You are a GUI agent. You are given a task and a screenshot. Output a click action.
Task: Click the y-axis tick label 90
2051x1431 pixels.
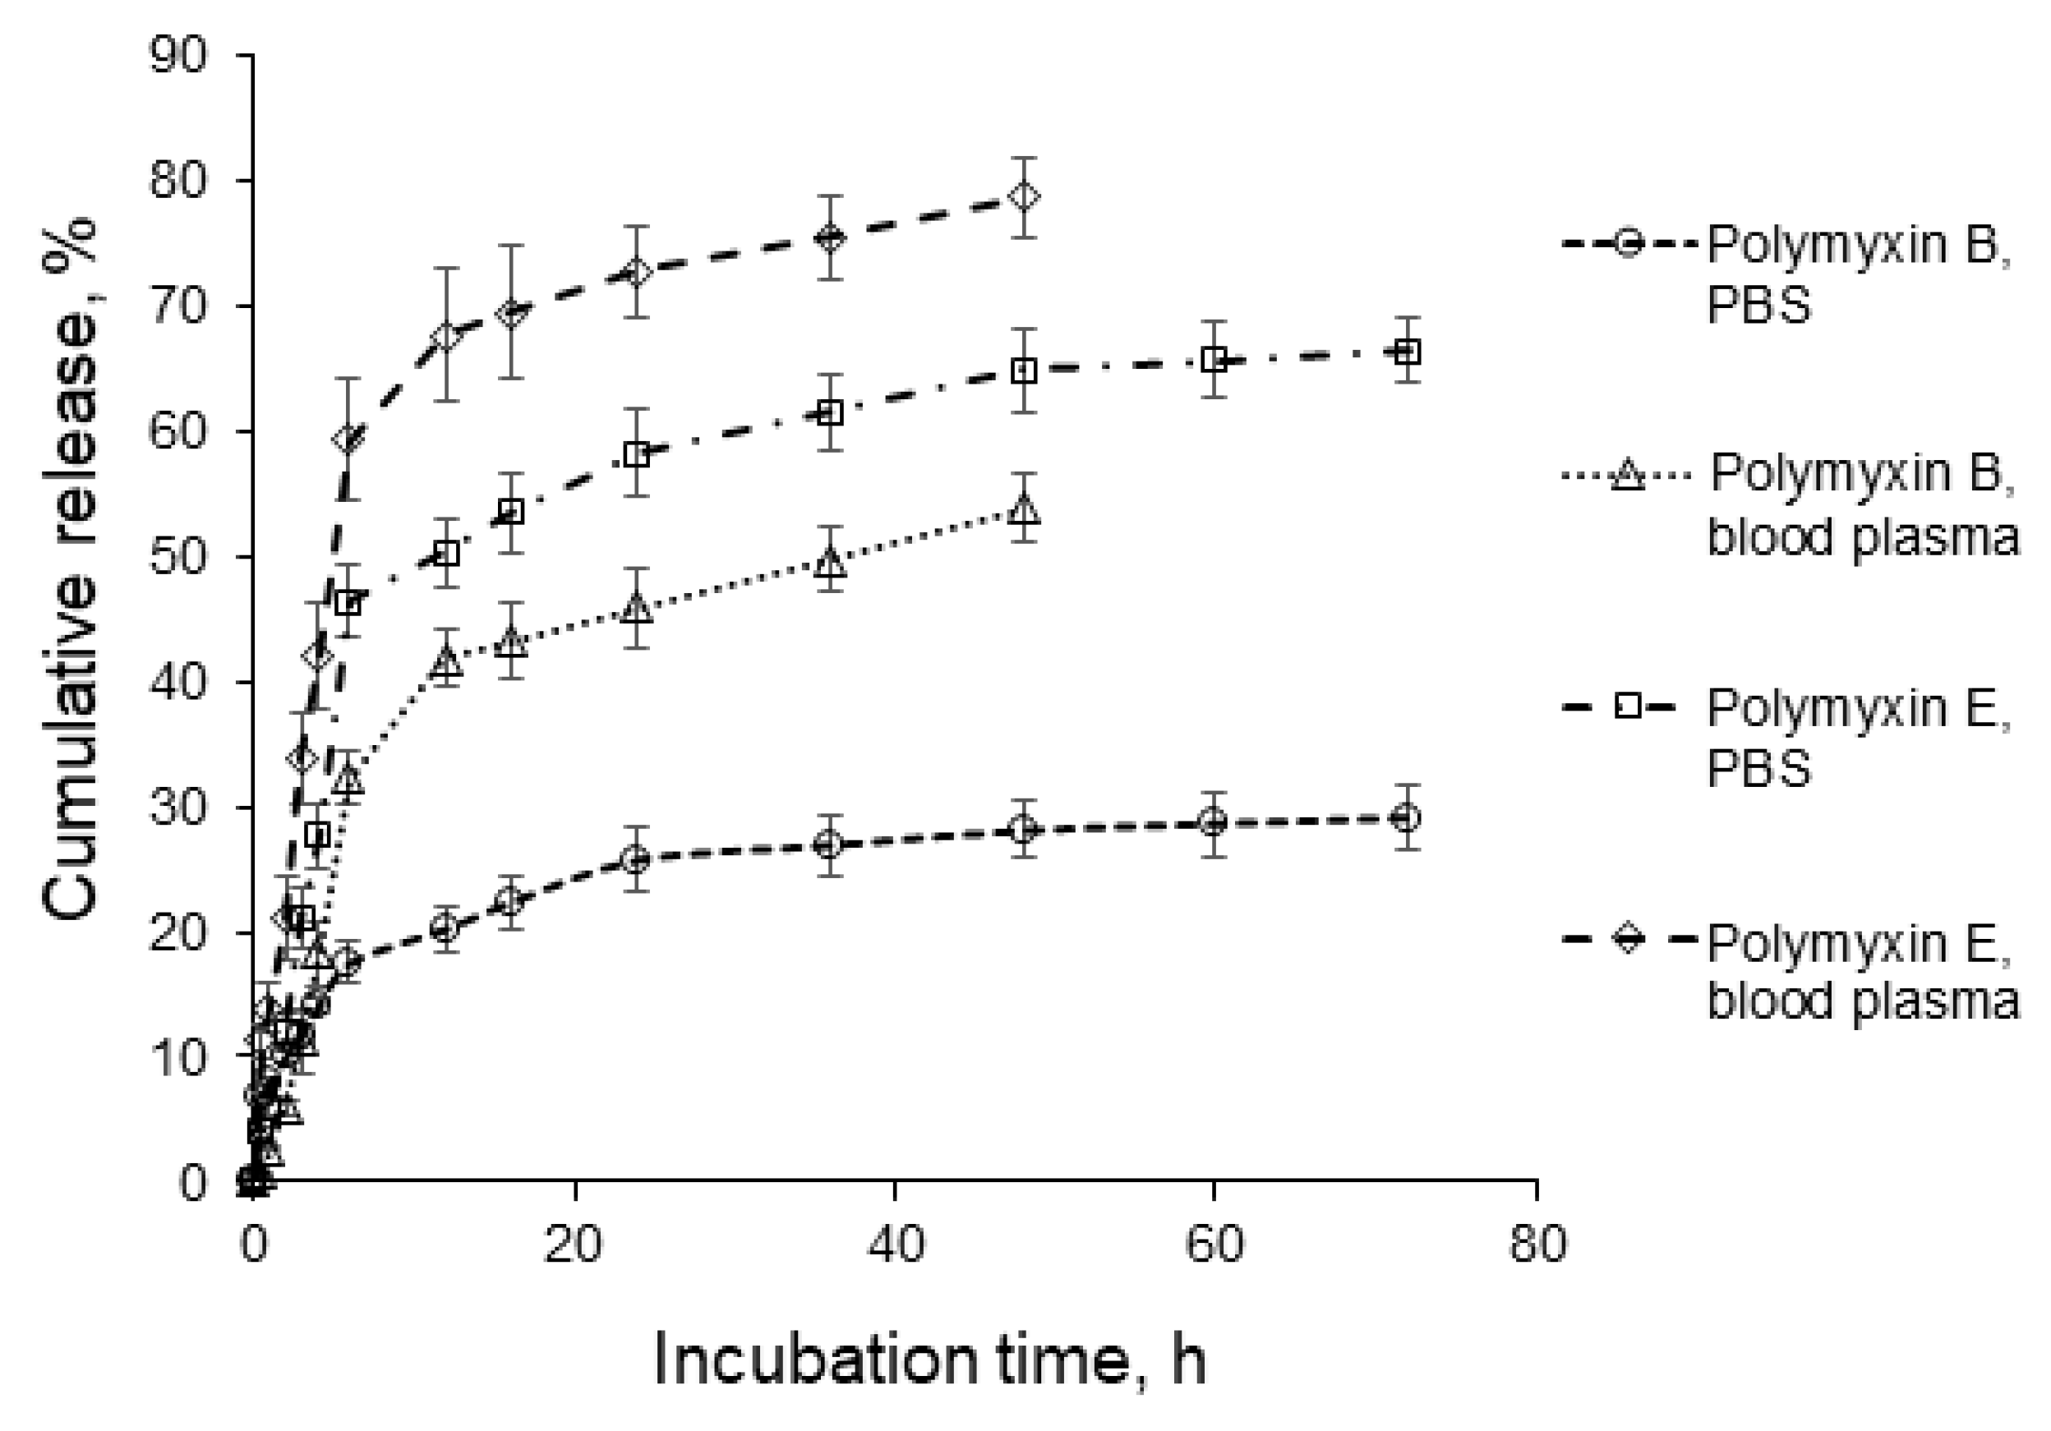click(177, 55)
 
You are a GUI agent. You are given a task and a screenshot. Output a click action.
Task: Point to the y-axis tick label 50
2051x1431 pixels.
click(177, 558)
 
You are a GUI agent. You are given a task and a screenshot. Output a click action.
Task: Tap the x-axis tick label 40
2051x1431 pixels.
click(895, 1243)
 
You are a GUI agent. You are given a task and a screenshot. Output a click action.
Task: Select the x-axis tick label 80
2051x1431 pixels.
click(1537, 1243)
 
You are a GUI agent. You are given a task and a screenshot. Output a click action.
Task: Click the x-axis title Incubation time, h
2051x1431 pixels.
click(930, 1359)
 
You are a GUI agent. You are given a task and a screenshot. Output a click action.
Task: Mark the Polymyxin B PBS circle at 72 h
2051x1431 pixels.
click(1406, 817)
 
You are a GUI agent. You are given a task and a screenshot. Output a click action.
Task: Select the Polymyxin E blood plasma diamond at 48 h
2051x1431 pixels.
click(1024, 196)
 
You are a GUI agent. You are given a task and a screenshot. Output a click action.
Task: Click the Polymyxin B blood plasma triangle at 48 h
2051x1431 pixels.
click(1024, 510)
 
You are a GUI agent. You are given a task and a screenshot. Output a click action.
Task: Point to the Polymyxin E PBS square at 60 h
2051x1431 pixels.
click(1214, 360)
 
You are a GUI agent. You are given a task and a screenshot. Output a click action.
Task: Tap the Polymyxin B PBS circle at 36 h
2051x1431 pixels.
click(830, 845)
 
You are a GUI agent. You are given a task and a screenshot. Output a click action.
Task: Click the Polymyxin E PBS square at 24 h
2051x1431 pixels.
click(636, 454)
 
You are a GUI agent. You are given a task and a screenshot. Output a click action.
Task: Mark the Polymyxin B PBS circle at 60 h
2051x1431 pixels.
click(1213, 822)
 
